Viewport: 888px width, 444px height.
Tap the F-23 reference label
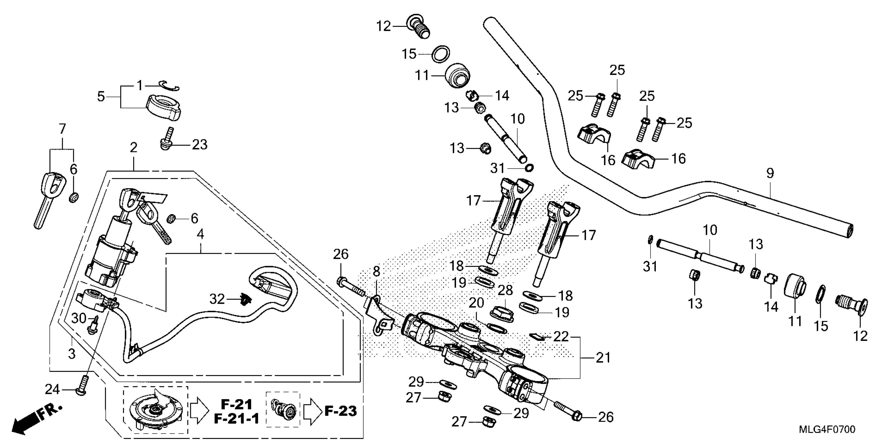(340, 411)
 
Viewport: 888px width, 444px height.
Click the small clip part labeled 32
(246, 300)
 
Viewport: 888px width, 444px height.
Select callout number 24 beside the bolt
(52, 389)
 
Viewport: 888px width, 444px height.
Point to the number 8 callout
(376, 271)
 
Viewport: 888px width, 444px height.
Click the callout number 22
(560, 336)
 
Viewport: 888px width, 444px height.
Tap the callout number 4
(200, 235)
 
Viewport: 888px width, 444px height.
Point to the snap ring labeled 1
(169, 86)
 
